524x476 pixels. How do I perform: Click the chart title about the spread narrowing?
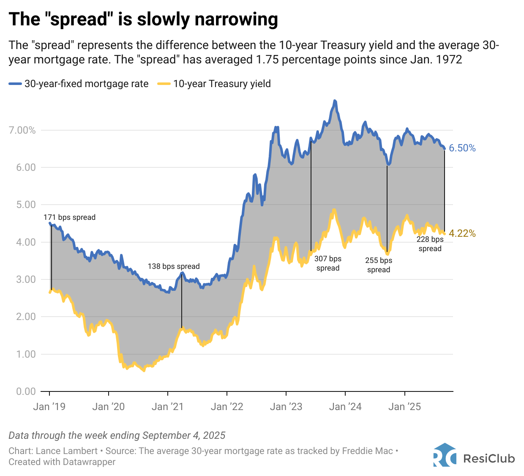[143, 19]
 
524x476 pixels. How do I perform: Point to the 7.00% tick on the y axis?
[22, 130]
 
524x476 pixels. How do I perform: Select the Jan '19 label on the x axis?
[49, 407]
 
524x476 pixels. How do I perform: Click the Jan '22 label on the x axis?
[227, 407]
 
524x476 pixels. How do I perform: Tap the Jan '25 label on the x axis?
[404, 407]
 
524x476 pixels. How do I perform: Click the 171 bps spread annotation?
[69, 217]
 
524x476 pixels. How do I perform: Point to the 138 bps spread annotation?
[174, 266]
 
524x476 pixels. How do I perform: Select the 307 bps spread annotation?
[328, 263]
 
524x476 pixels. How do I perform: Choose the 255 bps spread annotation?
[379, 265]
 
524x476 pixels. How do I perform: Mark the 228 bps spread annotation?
[430, 244]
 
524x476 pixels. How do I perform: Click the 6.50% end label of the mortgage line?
[462, 148]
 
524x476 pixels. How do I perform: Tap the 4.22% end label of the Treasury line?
[462, 233]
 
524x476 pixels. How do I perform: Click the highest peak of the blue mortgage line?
[335, 101]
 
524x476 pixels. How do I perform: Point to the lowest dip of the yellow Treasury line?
[144, 370]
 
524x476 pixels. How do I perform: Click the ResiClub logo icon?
[445, 455]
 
